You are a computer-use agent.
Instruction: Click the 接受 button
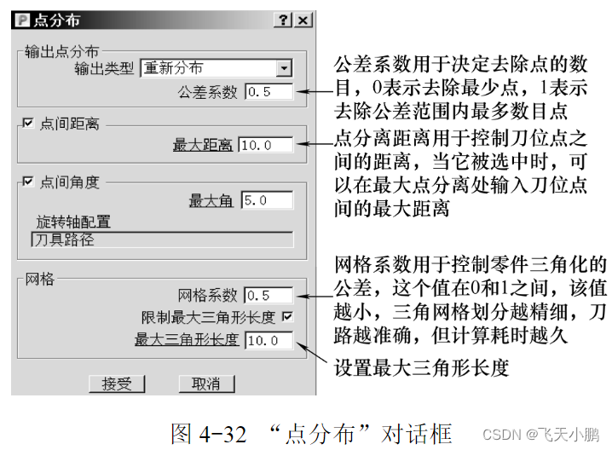coord(118,384)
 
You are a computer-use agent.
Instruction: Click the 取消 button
coord(205,384)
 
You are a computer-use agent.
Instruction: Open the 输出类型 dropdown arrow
coord(284,68)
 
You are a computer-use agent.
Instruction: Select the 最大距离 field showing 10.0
coord(266,146)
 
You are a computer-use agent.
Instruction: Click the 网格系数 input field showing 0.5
coord(268,296)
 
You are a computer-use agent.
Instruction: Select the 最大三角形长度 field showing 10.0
coord(268,341)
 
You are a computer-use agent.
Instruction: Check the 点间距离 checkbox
coord(29,124)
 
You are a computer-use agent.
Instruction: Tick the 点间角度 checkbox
coord(29,182)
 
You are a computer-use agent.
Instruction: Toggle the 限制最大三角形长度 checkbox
coord(287,317)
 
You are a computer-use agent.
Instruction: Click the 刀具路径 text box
coord(162,239)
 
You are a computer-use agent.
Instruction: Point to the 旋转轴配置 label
coord(73,222)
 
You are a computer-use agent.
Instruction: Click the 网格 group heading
coord(41,278)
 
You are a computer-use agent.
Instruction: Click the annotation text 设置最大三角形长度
coord(422,369)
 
